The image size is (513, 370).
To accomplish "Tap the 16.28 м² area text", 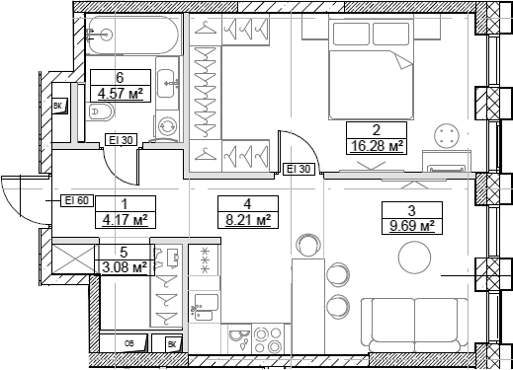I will tap(376, 147).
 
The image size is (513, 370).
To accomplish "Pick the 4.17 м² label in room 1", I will tap(126, 219).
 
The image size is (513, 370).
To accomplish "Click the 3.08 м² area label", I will tap(126, 266).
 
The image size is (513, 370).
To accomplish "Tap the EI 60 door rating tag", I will tap(76, 200).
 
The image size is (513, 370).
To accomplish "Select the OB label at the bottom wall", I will tap(130, 344).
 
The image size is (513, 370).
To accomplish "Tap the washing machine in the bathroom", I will tap(166, 126).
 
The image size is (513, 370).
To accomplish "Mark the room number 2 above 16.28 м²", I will tap(376, 129).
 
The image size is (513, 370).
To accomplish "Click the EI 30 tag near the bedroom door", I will tap(299, 170).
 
